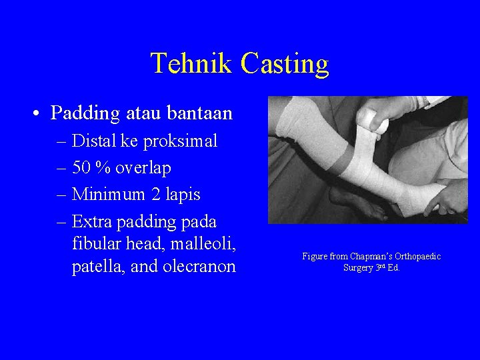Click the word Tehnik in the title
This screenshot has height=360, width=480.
tap(191, 64)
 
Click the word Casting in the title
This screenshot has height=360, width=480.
tap(285, 64)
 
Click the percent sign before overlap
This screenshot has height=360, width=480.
tap(103, 168)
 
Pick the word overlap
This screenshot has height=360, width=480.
tap(143, 168)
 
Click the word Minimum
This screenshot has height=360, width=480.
tap(108, 195)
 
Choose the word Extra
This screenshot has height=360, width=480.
tap(92, 221)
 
